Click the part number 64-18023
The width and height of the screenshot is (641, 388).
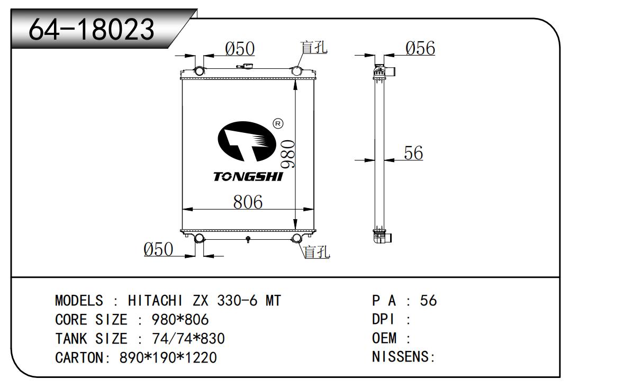[x=92, y=30]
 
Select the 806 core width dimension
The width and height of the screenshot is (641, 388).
[x=248, y=202]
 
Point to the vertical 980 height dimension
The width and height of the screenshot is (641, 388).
[x=288, y=155]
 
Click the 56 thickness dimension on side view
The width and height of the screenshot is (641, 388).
[x=413, y=153]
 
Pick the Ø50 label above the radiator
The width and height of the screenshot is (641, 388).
[x=240, y=49]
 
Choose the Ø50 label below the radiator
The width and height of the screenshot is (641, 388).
[x=158, y=249]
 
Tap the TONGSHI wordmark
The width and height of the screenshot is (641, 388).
[x=248, y=177]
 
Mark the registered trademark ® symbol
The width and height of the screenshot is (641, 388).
[x=278, y=124]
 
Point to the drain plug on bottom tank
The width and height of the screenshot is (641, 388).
[x=248, y=239]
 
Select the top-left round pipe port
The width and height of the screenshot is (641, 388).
[x=199, y=71]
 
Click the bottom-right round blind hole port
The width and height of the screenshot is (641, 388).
[x=297, y=238]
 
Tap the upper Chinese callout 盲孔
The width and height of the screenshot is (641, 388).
[x=314, y=48]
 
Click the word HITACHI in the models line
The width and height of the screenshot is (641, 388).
[x=155, y=301]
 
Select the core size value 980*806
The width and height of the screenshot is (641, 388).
[x=180, y=320]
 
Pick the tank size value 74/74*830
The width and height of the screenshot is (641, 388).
[x=188, y=338]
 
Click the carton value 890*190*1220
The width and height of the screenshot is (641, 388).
[x=168, y=358]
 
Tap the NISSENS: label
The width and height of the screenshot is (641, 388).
[x=403, y=357]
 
